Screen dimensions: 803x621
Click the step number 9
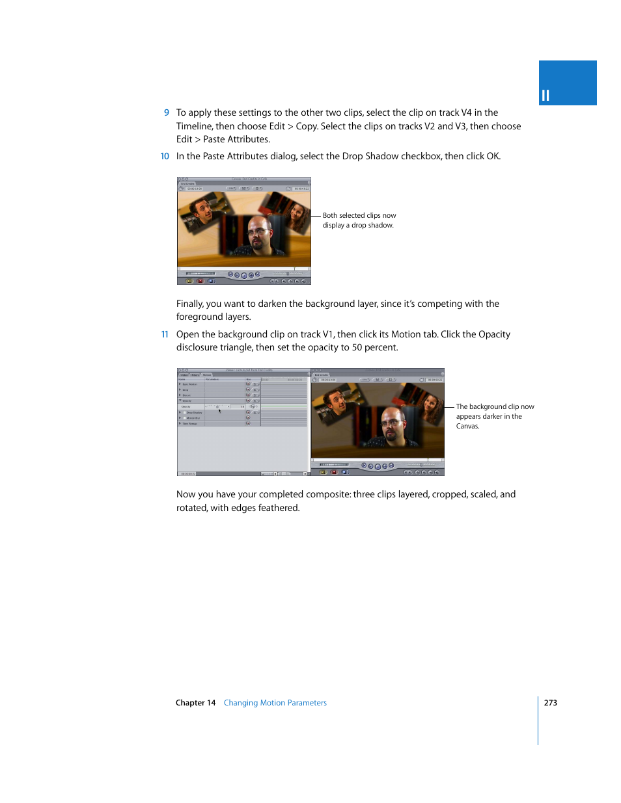[167, 112]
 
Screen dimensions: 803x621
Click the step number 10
[165, 156]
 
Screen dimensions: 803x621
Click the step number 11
[165, 334]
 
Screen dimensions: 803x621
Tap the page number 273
[551, 703]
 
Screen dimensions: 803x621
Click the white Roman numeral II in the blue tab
[545, 96]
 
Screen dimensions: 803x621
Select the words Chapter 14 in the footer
[195, 703]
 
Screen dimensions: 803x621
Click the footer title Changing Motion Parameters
[275, 703]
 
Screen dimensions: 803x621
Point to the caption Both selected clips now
[359, 216]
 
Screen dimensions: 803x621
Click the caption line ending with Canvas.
[467, 427]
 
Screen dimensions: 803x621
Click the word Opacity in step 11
[494, 334]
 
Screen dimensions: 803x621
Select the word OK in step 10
[493, 156]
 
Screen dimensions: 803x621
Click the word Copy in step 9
[306, 126]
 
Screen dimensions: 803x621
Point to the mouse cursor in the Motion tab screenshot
[219, 410]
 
